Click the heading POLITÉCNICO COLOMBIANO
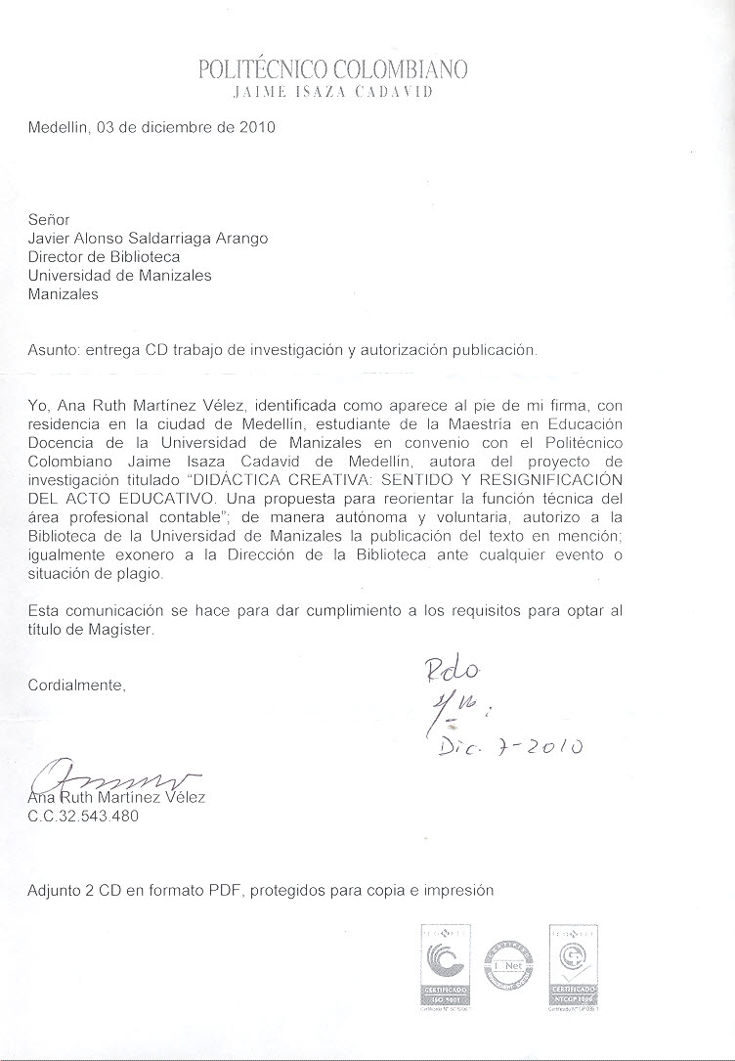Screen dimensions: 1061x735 click(x=333, y=69)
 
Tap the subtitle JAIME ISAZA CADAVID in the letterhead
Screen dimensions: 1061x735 click(x=333, y=93)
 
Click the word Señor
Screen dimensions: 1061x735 click(x=50, y=221)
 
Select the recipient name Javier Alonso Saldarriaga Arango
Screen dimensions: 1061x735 click(x=148, y=240)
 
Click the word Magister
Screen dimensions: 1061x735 click(x=120, y=630)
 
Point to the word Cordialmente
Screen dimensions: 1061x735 click(x=78, y=685)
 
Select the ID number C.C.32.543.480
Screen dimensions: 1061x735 click(x=84, y=816)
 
